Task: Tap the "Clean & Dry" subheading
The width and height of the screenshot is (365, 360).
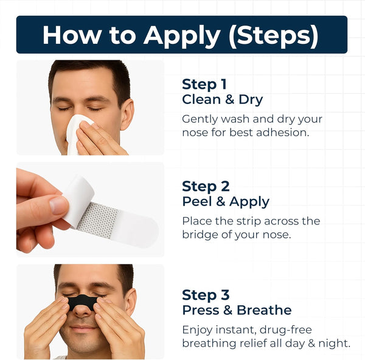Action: click(223, 99)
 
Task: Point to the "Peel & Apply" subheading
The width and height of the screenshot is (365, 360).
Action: click(226, 201)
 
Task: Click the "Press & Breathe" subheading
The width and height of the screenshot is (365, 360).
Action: click(237, 310)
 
